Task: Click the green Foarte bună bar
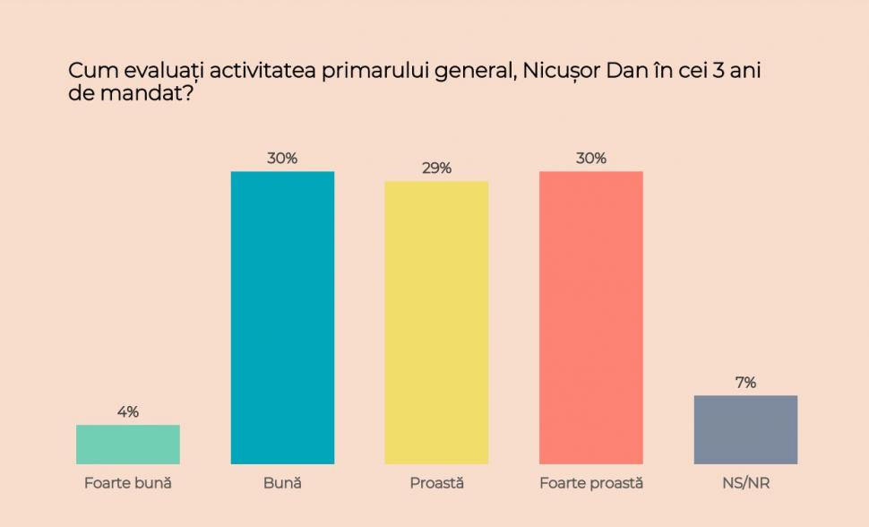[128, 445]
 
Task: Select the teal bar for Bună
[282, 317]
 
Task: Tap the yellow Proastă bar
[436, 323]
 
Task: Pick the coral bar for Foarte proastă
[590, 317]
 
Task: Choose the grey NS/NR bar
[745, 429]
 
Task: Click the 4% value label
[128, 412]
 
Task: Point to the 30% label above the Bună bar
[282, 159]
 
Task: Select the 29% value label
[436, 168]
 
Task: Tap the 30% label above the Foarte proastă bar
[590, 159]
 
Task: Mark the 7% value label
[745, 383]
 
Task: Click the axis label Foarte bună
[128, 483]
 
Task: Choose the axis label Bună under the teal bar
[282, 483]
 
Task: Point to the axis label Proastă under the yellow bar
[436, 483]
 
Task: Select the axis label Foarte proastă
[590, 483]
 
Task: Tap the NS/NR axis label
[745, 483]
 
